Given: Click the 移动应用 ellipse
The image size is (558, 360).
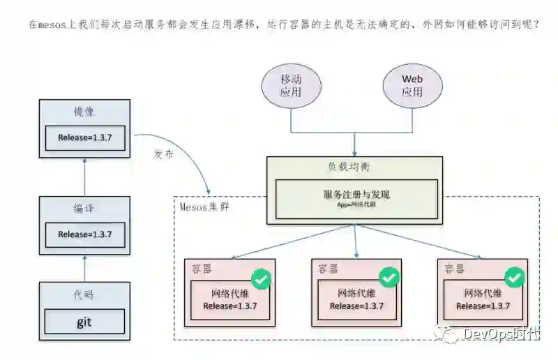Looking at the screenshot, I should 290,86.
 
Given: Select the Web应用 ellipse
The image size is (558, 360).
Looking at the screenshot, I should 412,86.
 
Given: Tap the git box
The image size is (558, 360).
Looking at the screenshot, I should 84,322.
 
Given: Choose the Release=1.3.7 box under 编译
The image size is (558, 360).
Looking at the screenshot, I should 84,234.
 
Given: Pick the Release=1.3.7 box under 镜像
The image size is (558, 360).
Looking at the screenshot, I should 84,137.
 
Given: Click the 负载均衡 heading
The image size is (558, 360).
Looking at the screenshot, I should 354,167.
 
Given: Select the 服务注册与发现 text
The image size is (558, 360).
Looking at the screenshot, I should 356,195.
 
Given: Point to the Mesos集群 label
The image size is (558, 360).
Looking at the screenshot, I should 204,207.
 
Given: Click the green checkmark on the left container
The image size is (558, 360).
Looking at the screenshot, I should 262,279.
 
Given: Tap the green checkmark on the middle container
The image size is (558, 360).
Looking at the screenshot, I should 389,278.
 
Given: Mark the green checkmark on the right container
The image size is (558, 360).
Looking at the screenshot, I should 515,278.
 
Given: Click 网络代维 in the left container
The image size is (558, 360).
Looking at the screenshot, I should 229,293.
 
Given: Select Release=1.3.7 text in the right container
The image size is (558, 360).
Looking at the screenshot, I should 483,306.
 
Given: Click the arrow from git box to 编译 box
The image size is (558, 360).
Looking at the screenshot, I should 84,268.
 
